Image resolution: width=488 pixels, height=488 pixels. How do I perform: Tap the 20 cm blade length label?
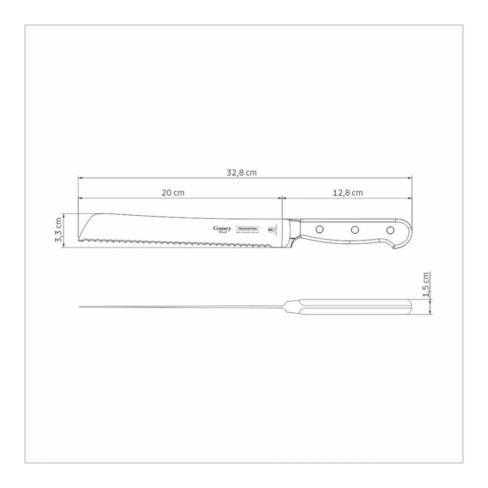(x=173, y=193)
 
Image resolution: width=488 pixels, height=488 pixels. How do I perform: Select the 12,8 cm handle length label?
(x=347, y=193)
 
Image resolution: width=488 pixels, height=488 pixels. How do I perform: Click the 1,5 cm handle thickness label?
(x=427, y=285)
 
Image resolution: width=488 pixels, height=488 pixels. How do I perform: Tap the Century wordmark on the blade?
(x=222, y=229)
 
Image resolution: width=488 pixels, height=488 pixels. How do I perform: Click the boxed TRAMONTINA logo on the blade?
(x=248, y=228)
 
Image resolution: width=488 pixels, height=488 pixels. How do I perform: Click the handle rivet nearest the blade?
(x=319, y=228)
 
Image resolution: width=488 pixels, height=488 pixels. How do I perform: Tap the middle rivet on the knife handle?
(x=355, y=229)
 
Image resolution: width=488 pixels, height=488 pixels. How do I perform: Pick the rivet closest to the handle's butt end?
(x=390, y=229)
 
